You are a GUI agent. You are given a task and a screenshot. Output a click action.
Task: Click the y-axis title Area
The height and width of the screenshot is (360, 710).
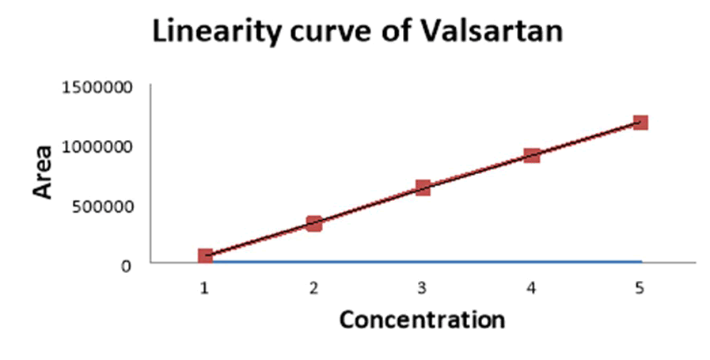(42, 171)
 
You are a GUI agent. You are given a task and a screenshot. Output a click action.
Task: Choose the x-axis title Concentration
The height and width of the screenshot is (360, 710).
(422, 320)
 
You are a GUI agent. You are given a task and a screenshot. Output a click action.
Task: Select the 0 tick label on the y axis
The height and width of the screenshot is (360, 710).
(126, 266)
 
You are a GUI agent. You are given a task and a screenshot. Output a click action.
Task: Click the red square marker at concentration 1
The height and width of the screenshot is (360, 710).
(205, 256)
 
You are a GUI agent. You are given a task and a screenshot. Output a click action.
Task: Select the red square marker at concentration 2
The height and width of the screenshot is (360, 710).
(314, 224)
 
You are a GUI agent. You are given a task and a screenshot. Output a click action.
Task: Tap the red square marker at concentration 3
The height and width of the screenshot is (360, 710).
(423, 188)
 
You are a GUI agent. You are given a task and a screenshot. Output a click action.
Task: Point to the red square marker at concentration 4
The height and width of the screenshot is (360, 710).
(532, 155)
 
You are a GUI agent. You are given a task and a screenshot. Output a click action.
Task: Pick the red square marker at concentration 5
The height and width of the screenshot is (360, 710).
(640, 123)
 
